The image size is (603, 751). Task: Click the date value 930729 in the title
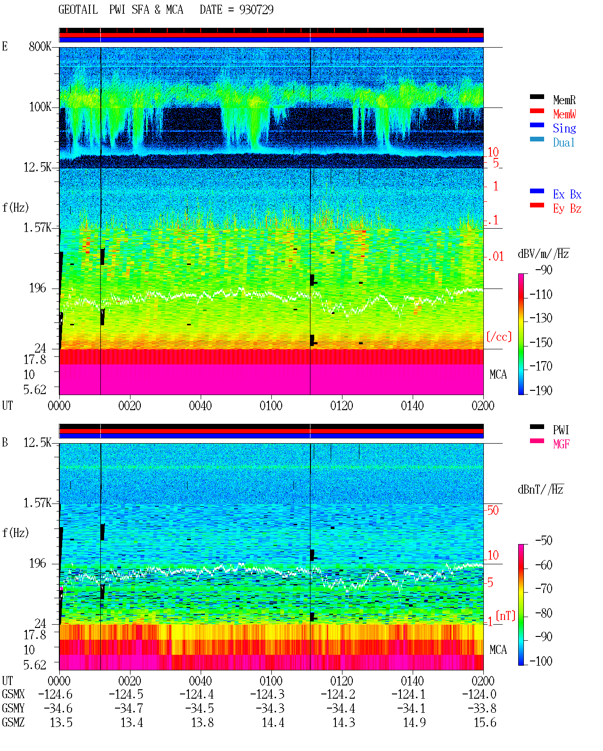click(x=256, y=9)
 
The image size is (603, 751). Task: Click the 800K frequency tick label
click(x=40, y=46)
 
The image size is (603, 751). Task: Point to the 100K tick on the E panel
click(x=40, y=107)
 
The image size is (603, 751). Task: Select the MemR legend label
click(x=564, y=100)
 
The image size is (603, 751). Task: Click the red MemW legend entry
click(x=564, y=114)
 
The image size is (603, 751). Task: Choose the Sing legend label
click(x=564, y=128)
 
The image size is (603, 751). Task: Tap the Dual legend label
click(x=563, y=142)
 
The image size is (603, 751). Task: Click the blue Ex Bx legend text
click(x=567, y=194)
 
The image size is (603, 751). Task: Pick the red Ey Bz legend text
click(x=567, y=209)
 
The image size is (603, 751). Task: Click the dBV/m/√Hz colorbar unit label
click(x=543, y=254)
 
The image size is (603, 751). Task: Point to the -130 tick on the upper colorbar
click(x=540, y=318)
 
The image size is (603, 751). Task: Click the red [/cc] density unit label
click(x=499, y=337)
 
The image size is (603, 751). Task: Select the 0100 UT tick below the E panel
click(x=271, y=406)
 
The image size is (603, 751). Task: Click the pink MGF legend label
click(x=561, y=444)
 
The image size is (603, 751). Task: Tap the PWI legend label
click(x=561, y=429)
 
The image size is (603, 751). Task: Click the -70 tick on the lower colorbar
click(x=543, y=589)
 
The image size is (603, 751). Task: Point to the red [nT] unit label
click(x=505, y=616)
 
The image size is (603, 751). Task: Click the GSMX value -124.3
click(x=267, y=694)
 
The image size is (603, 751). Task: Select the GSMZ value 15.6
click(x=485, y=723)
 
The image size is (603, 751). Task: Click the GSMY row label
click(x=13, y=709)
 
